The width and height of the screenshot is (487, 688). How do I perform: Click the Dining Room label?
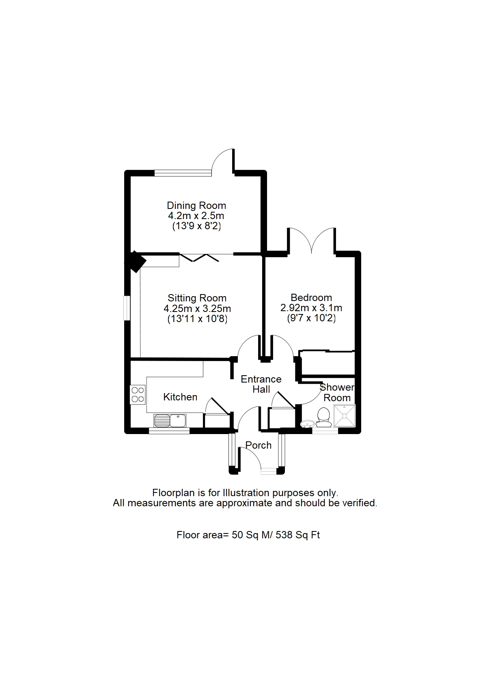click(x=196, y=206)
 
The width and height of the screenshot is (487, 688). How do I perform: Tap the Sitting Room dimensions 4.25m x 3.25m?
click(x=197, y=309)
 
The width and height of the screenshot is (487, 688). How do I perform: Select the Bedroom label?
click(x=311, y=297)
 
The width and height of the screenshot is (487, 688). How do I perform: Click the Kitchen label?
click(x=180, y=397)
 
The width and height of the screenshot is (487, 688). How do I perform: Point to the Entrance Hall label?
click(x=261, y=384)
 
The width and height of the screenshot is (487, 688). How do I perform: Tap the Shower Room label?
click(x=337, y=393)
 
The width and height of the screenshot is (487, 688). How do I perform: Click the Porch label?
click(x=259, y=445)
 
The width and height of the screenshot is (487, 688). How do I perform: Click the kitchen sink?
click(x=170, y=420)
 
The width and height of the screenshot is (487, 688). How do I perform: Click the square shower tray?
click(x=344, y=416)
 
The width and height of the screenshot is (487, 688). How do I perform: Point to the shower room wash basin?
click(x=308, y=424)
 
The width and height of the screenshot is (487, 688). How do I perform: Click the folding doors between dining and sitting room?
click(x=200, y=258)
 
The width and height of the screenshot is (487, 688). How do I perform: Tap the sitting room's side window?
click(x=127, y=308)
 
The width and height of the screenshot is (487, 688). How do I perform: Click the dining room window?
click(x=183, y=173)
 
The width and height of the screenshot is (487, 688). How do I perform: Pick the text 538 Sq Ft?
click(x=298, y=535)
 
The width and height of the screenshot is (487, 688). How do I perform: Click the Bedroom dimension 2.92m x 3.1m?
click(x=311, y=308)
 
